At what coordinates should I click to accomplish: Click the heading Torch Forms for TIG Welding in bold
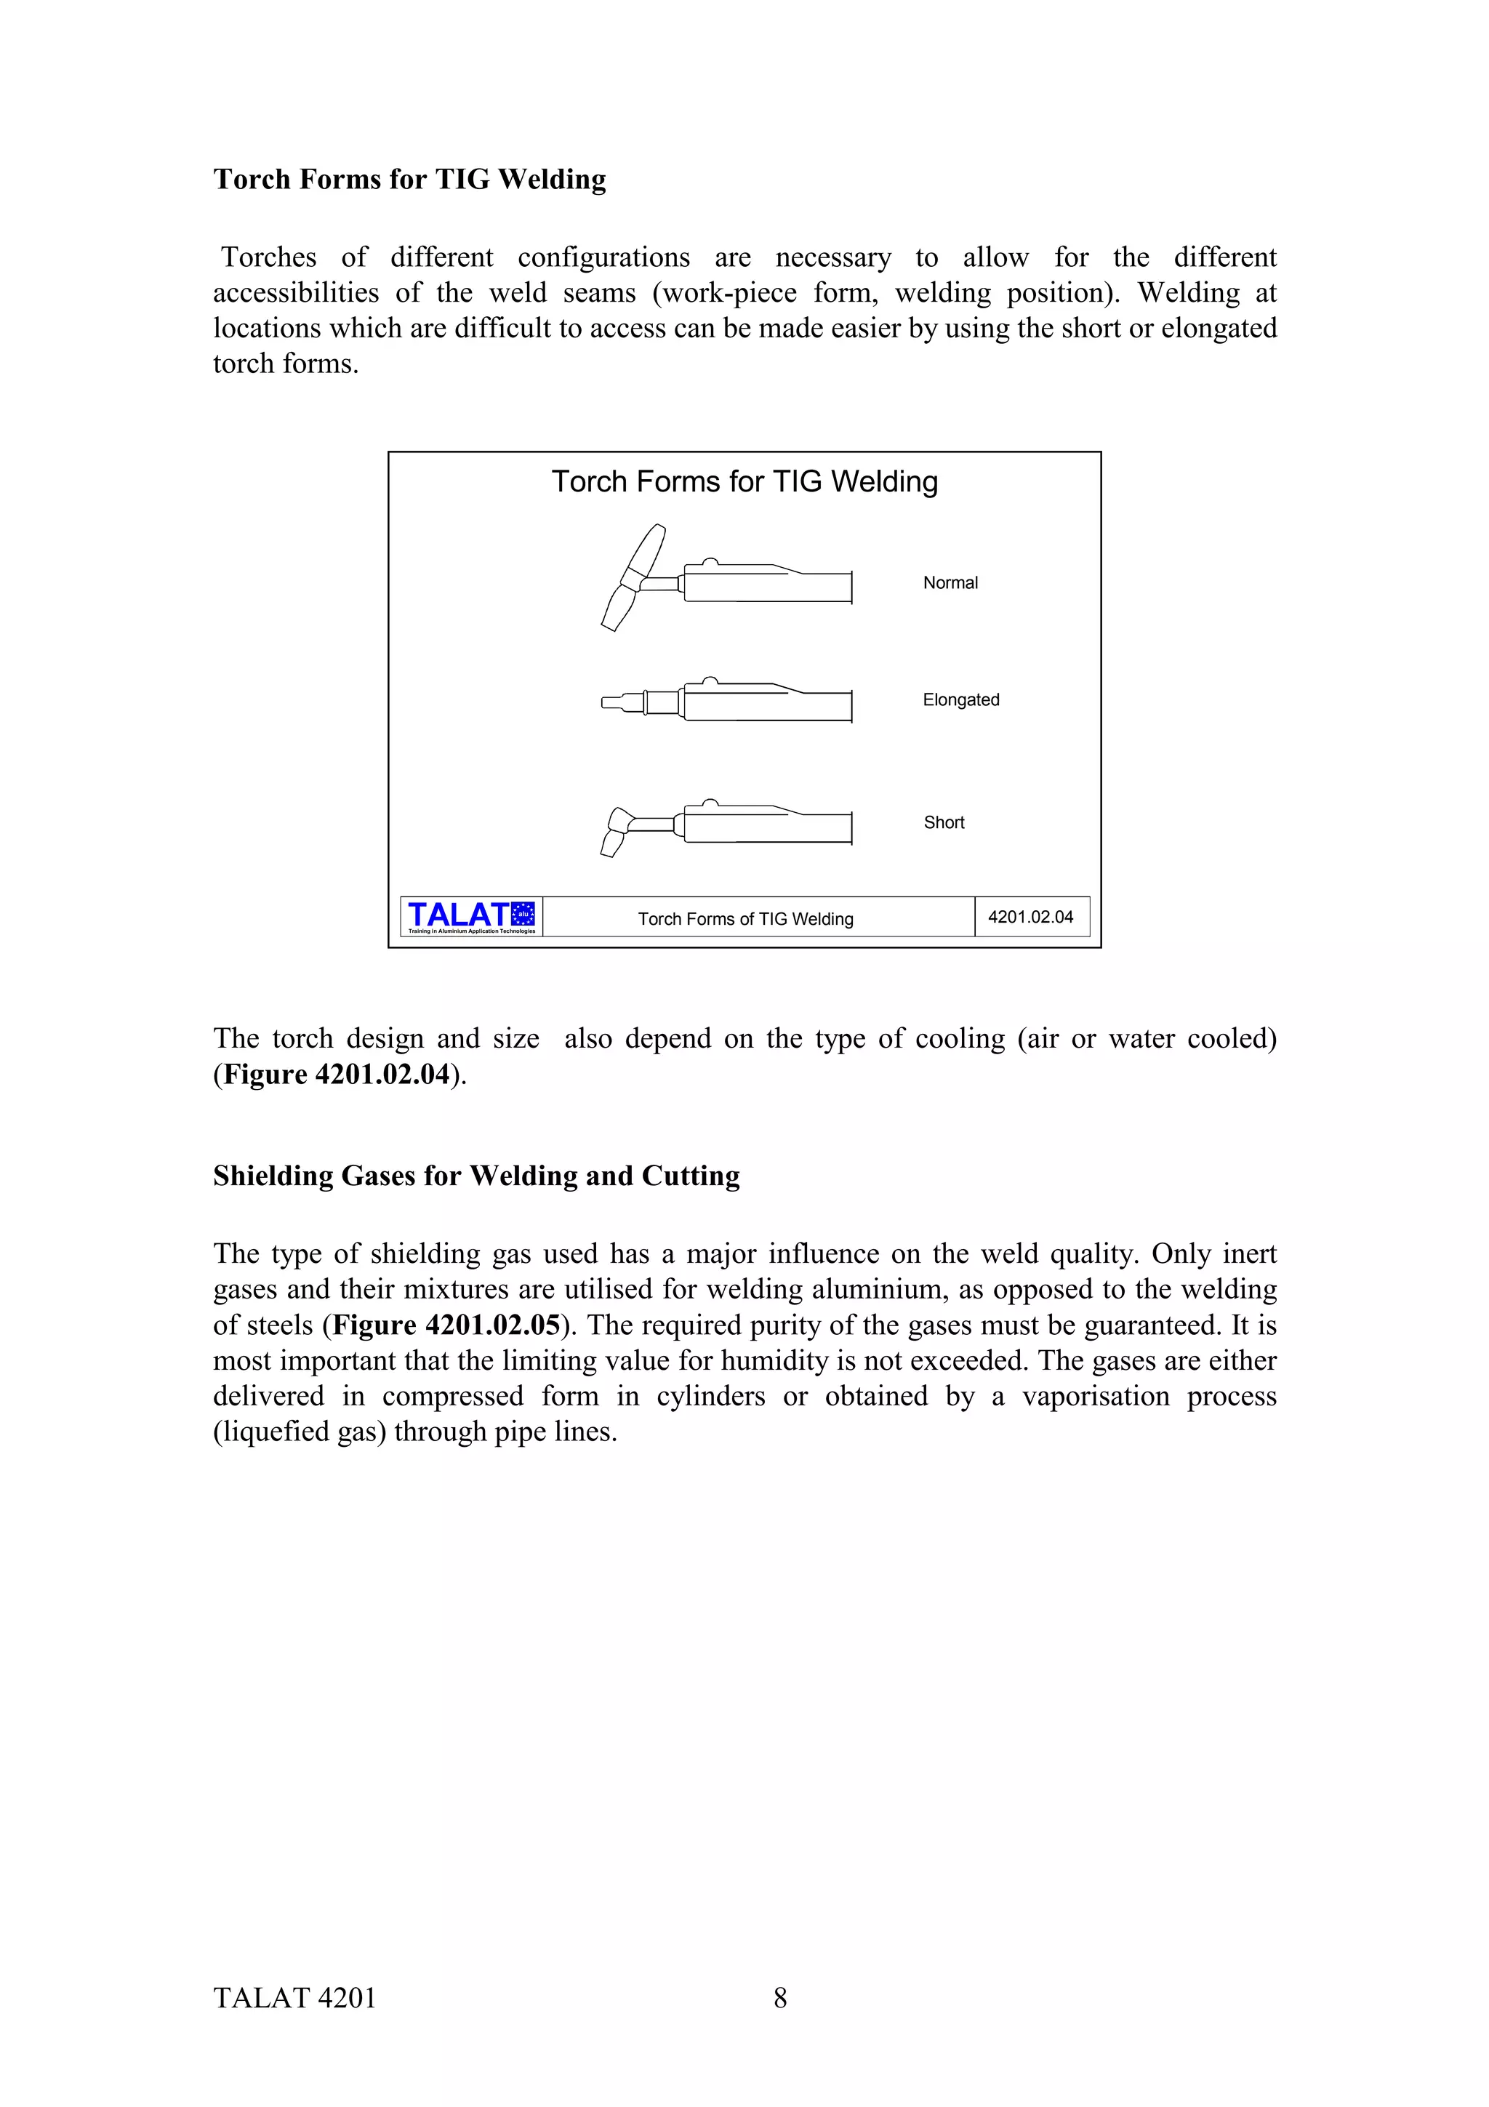409,179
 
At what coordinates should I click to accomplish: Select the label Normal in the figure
950,582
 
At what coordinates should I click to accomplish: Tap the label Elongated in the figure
960,700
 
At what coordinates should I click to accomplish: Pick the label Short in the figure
943,822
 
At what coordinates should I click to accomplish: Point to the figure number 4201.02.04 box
1030,917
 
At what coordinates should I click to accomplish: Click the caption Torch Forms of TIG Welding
745,918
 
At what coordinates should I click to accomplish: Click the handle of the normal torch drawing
767,585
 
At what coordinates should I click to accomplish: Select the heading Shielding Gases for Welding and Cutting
476,1176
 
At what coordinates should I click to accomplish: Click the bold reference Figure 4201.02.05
446,1325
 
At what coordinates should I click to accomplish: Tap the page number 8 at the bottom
780,1998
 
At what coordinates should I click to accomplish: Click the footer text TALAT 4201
294,1998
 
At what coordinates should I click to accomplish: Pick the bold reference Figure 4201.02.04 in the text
337,1075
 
